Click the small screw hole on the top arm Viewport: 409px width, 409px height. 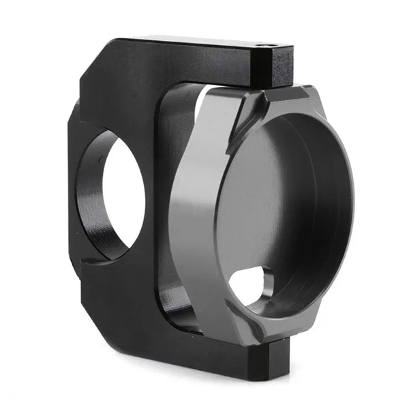click(x=267, y=44)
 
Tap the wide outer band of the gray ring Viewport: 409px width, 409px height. click(x=198, y=204)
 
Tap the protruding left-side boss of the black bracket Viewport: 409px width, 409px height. click(x=74, y=198)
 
